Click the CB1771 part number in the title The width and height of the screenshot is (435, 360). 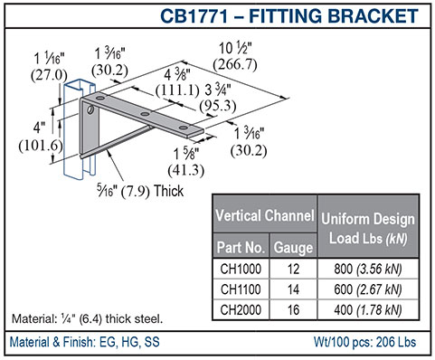click(x=194, y=16)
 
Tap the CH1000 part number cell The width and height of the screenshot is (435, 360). click(x=241, y=269)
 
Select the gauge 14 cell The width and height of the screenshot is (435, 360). click(x=293, y=289)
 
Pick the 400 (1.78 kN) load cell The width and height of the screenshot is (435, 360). click(x=368, y=310)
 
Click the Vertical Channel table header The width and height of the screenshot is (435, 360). click(x=265, y=215)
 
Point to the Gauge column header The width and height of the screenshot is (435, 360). click(x=293, y=247)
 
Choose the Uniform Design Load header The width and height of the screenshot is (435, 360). click(x=368, y=228)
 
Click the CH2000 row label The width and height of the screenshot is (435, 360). click(x=241, y=310)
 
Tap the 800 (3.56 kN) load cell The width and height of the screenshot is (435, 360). click(x=368, y=269)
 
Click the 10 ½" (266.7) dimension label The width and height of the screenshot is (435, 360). click(x=235, y=57)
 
